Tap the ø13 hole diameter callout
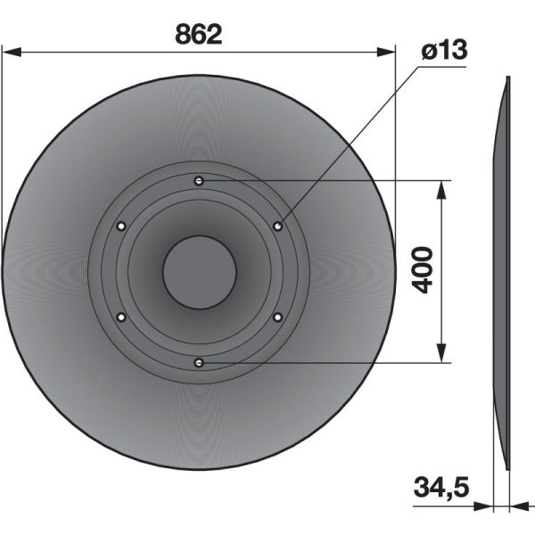(443, 51)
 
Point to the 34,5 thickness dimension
(441, 488)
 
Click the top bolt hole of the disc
(199, 181)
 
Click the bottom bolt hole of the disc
(199, 362)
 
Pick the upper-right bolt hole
(278, 226)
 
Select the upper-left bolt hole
(120, 226)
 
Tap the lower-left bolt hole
(120, 317)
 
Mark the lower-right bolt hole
(277, 317)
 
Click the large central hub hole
(199, 272)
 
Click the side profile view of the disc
(501, 272)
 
